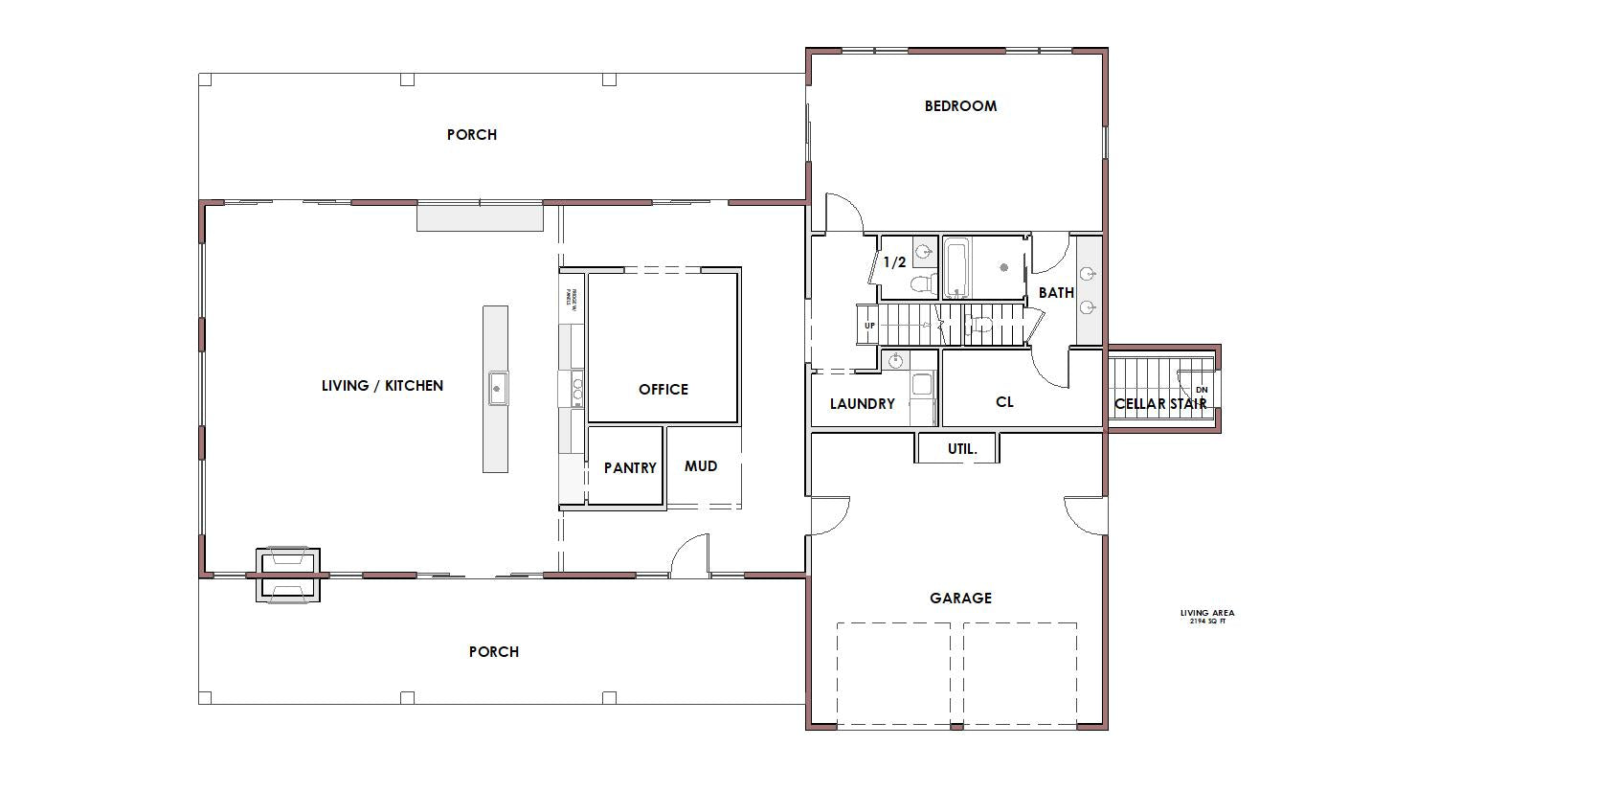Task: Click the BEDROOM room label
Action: tap(960, 106)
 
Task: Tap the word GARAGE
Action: tap(960, 599)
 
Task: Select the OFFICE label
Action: tap(663, 390)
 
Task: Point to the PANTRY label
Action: tap(630, 468)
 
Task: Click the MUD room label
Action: tap(701, 466)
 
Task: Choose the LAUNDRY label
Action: tap(862, 404)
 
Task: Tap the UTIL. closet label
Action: tap(962, 449)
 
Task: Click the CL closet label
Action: tap(1004, 402)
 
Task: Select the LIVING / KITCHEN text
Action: tap(382, 386)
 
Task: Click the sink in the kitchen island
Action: tap(497, 388)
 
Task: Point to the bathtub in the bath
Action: tap(957, 269)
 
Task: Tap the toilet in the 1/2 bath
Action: tap(921, 284)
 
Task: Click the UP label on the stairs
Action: tap(869, 326)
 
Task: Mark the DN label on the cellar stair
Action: tap(1203, 390)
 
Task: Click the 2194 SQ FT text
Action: tap(1207, 621)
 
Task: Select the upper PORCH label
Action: tap(472, 135)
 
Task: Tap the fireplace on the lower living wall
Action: tap(287, 575)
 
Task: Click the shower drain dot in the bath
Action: tap(1005, 268)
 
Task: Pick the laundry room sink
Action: tap(894, 361)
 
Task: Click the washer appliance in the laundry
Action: tap(922, 385)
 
